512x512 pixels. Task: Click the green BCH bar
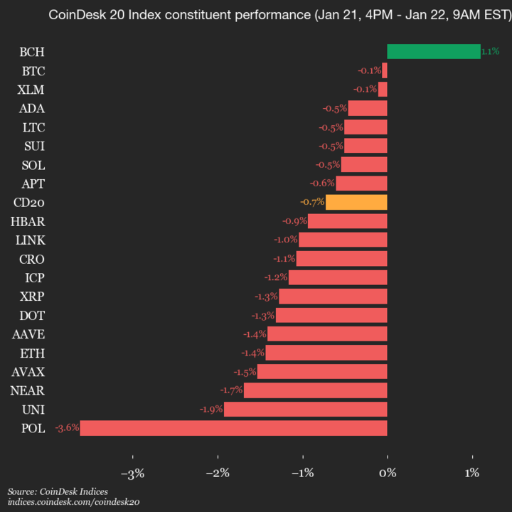(x=433, y=51)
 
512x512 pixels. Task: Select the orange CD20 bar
(x=356, y=202)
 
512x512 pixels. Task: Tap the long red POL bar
(x=233, y=428)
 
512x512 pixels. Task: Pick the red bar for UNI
(x=305, y=409)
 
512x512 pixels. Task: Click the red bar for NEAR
(x=315, y=390)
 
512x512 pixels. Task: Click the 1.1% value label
(x=490, y=51)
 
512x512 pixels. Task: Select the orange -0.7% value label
(x=312, y=202)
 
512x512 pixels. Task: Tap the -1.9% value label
(x=211, y=409)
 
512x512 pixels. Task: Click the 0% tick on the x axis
(x=388, y=474)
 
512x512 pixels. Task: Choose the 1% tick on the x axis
(x=471, y=474)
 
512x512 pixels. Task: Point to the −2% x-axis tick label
(x=218, y=474)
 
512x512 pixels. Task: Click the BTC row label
(x=33, y=70)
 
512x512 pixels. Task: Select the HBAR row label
(x=28, y=221)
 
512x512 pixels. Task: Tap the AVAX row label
(x=28, y=371)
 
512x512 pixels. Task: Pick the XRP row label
(x=33, y=296)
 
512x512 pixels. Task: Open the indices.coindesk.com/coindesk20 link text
(x=73, y=502)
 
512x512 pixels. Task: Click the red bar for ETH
(x=326, y=353)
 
